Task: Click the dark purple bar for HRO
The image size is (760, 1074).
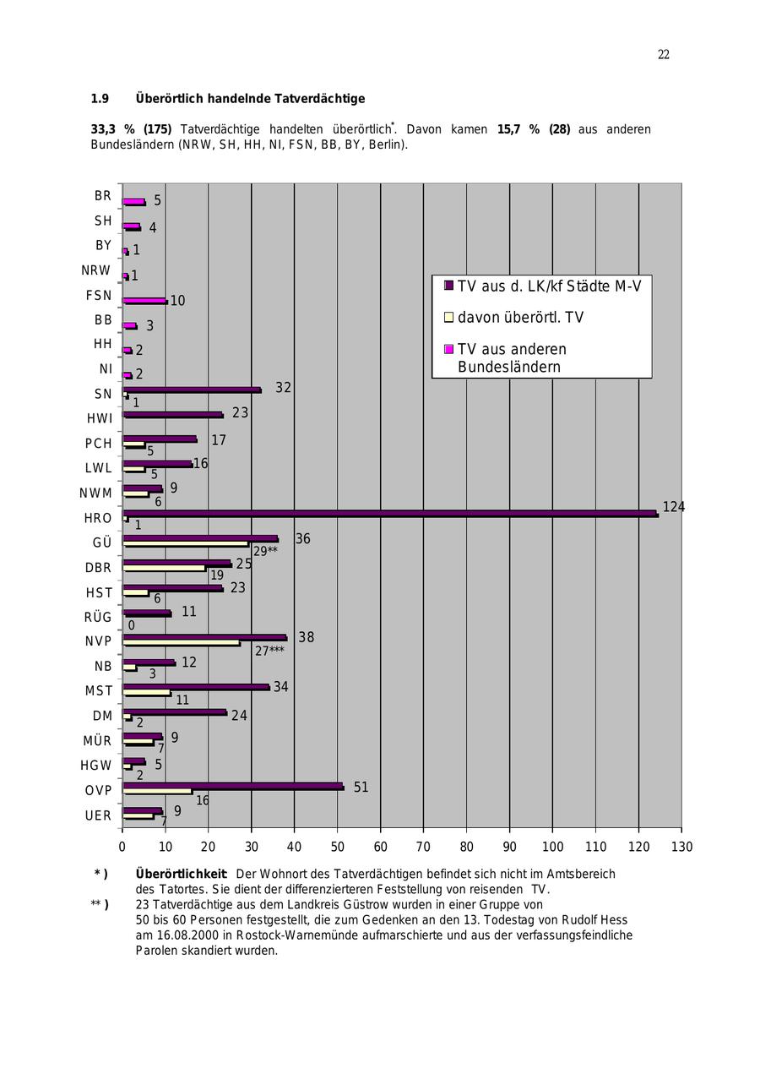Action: click(388, 513)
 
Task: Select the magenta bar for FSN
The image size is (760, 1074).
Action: click(144, 301)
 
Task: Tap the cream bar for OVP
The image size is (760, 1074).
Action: click(157, 792)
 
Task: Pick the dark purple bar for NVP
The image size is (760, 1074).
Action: click(204, 637)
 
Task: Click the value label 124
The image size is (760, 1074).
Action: click(673, 507)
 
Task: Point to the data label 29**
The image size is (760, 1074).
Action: click(265, 551)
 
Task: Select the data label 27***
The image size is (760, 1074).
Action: click(269, 651)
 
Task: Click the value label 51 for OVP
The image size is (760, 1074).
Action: click(361, 788)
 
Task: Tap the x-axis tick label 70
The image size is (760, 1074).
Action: click(423, 847)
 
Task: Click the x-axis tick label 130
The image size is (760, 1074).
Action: click(681, 847)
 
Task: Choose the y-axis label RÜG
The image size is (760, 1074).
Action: click(98, 617)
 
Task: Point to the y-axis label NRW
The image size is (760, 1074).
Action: click(96, 270)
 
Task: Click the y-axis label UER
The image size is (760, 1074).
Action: click(98, 815)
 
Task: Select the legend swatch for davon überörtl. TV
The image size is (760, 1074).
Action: click(449, 318)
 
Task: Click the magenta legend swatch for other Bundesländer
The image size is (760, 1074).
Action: click(449, 349)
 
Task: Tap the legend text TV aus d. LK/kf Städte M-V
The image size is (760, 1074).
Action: click(549, 286)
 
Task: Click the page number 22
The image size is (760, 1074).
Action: click(664, 55)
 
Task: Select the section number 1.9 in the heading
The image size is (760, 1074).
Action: click(100, 99)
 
